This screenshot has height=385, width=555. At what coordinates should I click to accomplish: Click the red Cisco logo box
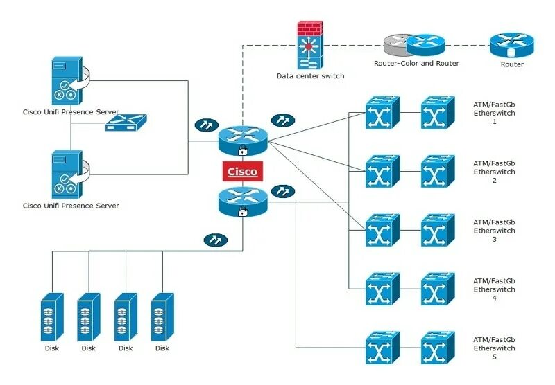click(242, 171)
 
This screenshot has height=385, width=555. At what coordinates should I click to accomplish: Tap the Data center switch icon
click(310, 45)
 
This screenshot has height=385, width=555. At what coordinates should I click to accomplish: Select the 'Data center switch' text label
click(310, 76)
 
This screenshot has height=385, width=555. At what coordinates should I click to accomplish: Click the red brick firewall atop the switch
click(310, 28)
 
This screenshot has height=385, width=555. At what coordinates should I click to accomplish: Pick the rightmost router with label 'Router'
click(512, 45)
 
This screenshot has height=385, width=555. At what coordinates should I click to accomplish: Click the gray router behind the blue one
click(396, 44)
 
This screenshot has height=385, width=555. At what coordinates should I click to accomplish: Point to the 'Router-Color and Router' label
click(416, 63)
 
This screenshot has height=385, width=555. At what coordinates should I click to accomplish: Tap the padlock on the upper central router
click(242, 151)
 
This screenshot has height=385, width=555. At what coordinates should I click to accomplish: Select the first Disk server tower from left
click(52, 317)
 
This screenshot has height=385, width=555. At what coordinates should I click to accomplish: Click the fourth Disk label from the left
click(162, 348)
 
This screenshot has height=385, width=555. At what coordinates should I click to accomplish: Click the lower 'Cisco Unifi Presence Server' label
click(71, 206)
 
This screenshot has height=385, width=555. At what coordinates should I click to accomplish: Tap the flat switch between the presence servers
click(126, 123)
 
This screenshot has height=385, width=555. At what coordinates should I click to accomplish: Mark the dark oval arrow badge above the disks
click(216, 240)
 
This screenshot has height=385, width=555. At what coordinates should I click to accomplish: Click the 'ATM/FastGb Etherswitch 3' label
click(494, 231)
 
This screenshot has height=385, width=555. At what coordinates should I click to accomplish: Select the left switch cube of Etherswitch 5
click(383, 348)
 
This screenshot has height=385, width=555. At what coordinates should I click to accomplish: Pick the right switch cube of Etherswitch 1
click(438, 113)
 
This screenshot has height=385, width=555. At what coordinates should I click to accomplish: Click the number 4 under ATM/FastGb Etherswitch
click(495, 298)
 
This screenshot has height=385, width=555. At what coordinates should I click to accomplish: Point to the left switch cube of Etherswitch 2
click(383, 171)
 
